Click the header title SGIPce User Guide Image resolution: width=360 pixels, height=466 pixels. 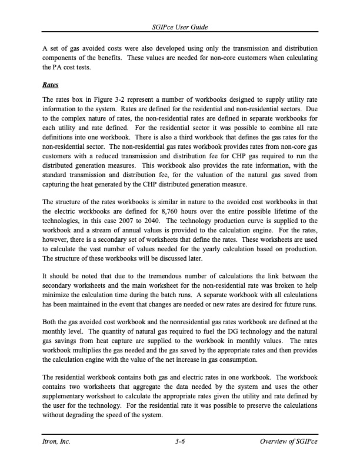(x=180, y=28)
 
